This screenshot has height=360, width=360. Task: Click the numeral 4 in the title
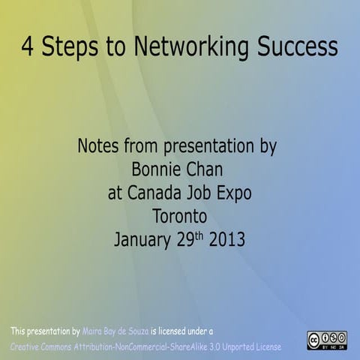point(28,47)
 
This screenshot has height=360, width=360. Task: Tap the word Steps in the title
point(68,48)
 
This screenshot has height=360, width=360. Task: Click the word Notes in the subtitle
point(98,145)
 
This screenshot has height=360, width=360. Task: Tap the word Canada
point(160,193)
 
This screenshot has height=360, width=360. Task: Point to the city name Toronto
point(179,217)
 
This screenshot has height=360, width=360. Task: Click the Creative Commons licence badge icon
point(327,340)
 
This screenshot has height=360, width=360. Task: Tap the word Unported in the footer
point(232,347)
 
